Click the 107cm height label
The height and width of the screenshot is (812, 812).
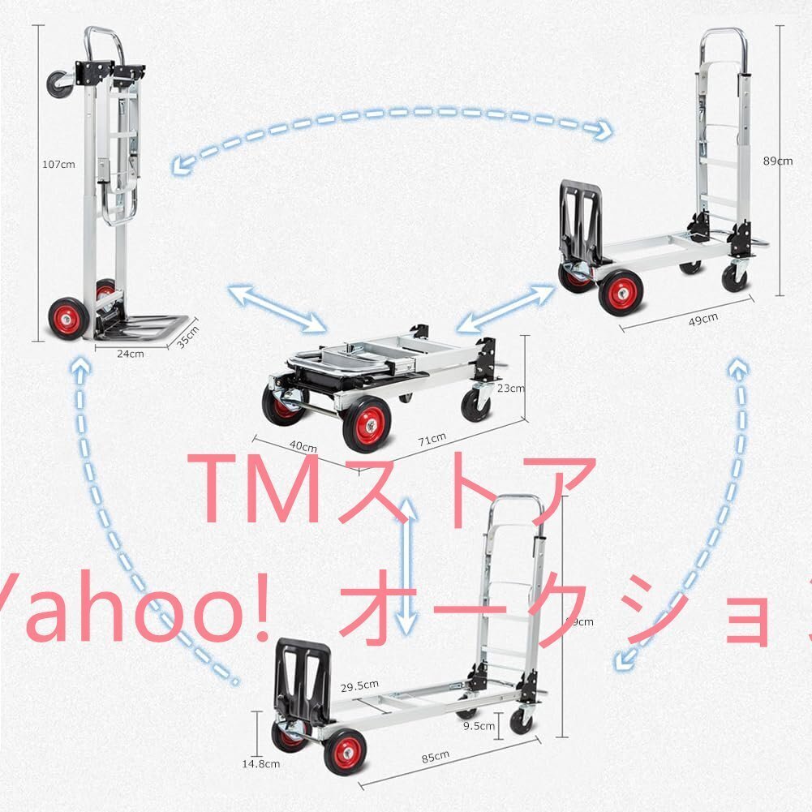click(x=58, y=164)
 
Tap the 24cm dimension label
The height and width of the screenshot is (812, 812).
click(x=130, y=353)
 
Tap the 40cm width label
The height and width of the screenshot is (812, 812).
click(x=303, y=446)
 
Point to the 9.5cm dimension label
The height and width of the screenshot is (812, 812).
click(x=476, y=726)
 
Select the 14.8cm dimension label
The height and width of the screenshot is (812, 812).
click(x=264, y=763)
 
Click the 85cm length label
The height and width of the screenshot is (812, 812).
click(x=435, y=756)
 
